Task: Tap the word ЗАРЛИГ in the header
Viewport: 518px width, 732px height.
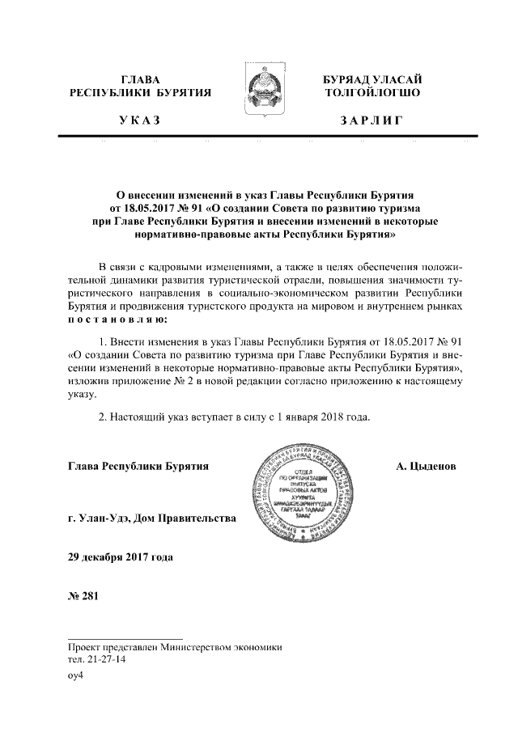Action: [x=372, y=121]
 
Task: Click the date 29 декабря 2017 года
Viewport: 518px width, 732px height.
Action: [x=120, y=557]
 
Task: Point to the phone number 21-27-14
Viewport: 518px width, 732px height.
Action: [x=104, y=659]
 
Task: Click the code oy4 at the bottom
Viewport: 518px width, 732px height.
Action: [x=76, y=677]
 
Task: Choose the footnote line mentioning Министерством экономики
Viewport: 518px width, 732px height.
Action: [x=174, y=647]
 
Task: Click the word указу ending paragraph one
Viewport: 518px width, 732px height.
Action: [x=82, y=395]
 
